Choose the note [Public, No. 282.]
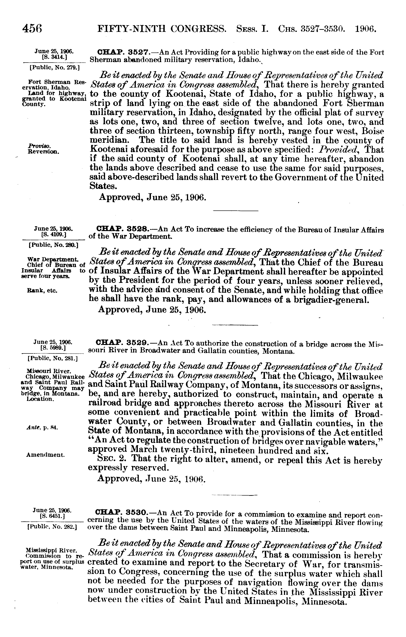[52, 527]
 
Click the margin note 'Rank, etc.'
[42, 290]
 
